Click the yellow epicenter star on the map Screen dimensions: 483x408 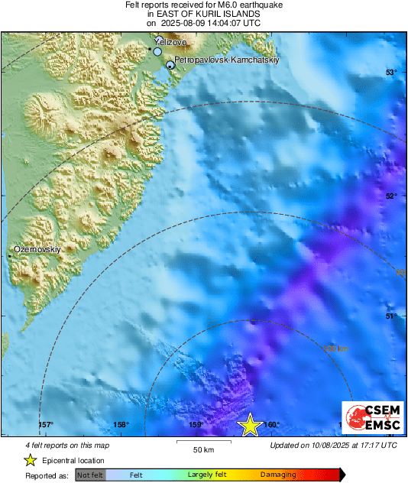250,425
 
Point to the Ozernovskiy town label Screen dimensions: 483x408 37,249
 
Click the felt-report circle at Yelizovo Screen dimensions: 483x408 157,52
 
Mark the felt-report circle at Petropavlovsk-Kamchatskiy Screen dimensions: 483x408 170,66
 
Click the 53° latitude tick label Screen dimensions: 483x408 391,72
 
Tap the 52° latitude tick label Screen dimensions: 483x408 391,196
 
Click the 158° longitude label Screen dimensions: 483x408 121,426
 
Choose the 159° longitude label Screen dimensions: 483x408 196,426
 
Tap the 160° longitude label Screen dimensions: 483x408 272,426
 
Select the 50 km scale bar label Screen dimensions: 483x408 202,449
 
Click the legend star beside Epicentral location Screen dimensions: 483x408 30,460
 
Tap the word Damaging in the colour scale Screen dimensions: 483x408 278,475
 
